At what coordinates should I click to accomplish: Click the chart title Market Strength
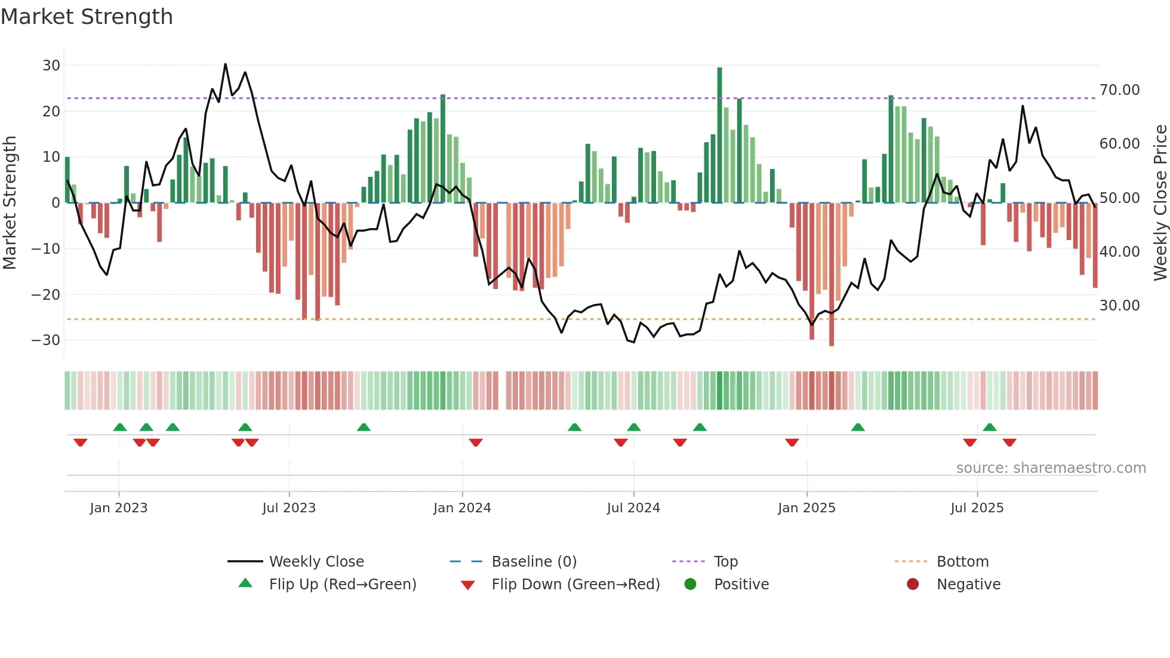pos(87,17)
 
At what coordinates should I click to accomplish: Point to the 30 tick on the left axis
pos(51,66)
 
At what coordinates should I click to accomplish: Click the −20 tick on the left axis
pos(46,294)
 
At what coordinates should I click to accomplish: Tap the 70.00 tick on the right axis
pos(1119,90)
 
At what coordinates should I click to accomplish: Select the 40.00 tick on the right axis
pos(1119,251)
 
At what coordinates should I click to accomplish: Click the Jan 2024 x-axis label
pos(462,508)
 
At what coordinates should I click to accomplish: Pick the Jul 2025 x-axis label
pos(977,508)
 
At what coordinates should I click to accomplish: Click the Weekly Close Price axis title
pos(1160,202)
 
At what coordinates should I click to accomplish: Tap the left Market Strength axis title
pos(10,202)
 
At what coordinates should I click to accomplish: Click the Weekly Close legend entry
pos(316,562)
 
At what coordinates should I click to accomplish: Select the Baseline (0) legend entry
pos(534,562)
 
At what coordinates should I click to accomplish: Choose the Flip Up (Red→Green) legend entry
pos(342,585)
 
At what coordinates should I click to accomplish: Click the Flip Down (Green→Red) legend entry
pos(575,585)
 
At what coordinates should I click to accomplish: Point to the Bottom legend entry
pos(962,562)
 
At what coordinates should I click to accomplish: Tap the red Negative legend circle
pos(913,585)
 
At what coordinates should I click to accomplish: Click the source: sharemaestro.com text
pos(1051,468)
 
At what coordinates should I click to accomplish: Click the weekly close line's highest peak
pos(225,64)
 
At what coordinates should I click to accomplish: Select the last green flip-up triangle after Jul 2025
pos(990,427)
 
